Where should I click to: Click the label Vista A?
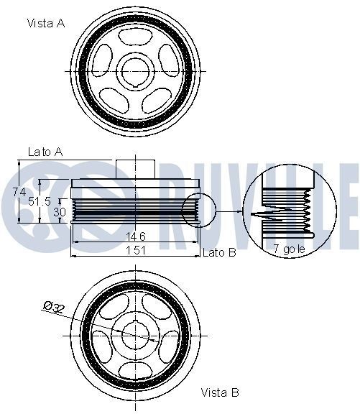[x=46, y=23]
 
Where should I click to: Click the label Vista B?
[x=220, y=392]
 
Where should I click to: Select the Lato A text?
[x=46, y=152]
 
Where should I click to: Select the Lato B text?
[x=220, y=252]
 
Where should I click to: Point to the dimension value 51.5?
[x=40, y=202]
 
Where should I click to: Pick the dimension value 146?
[x=137, y=236]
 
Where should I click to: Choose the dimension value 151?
[x=137, y=250]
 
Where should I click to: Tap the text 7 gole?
[x=290, y=249]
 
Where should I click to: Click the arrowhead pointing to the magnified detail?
[x=240, y=212]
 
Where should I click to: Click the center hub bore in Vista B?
[x=135, y=334]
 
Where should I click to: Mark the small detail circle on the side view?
[x=198, y=211]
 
